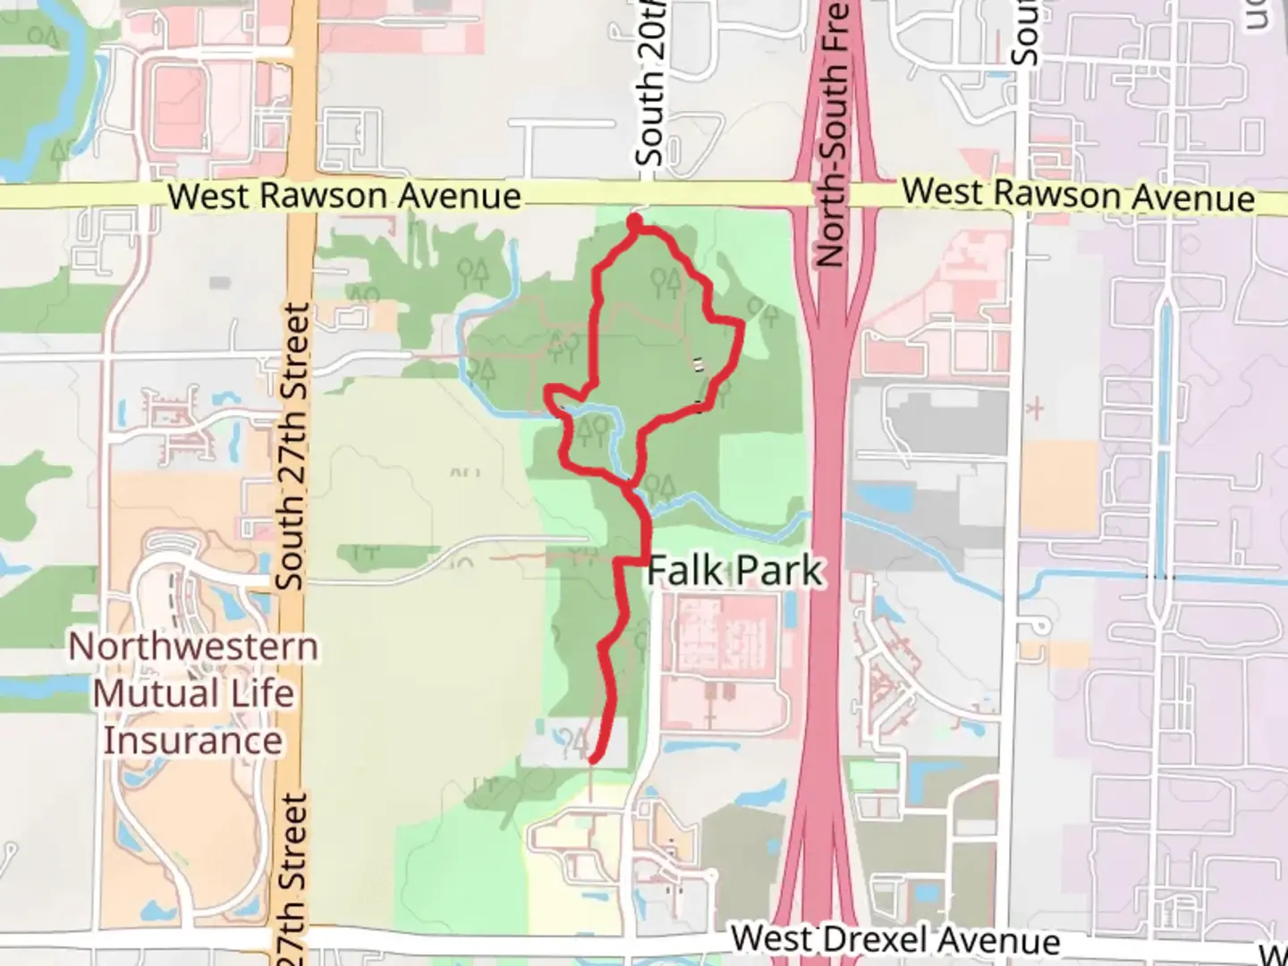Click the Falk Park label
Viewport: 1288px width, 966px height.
click(733, 571)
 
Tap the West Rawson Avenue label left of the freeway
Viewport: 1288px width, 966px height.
click(344, 196)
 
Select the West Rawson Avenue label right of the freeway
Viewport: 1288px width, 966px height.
click(1078, 195)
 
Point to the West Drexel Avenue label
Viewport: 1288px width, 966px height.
click(895, 940)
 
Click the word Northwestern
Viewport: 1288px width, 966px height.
click(193, 647)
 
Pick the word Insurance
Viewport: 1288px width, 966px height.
click(192, 741)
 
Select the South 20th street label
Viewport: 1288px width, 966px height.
click(651, 89)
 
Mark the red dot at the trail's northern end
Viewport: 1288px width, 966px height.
click(634, 220)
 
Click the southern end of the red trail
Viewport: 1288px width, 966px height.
click(591, 760)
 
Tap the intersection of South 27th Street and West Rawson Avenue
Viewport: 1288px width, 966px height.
click(302, 196)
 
